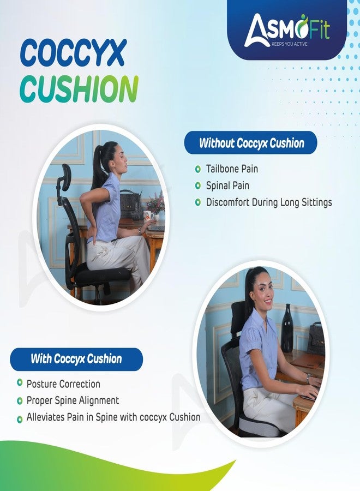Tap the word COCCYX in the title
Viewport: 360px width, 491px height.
(x=73, y=53)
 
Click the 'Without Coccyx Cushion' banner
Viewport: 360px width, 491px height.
(x=251, y=143)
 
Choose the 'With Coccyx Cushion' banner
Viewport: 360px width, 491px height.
(x=76, y=359)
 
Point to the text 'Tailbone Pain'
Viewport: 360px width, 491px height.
(x=232, y=169)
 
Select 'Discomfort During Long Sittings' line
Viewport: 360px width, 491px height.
(x=269, y=202)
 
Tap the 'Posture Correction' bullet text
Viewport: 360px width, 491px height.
(x=63, y=384)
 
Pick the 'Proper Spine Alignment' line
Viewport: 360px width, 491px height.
(x=73, y=400)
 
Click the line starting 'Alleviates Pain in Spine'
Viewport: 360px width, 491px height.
(x=113, y=417)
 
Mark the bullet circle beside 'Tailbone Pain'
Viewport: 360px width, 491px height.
(x=197, y=169)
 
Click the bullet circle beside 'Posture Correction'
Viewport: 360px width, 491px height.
(x=20, y=384)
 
